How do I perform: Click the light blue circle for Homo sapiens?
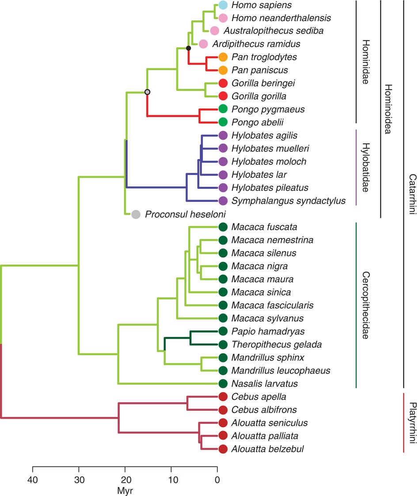pyautogui.click(x=223, y=5)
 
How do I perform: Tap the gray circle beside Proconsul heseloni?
pyautogui.click(x=136, y=215)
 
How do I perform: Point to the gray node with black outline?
pyautogui.click(x=148, y=92)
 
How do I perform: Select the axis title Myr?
pyautogui.click(x=125, y=490)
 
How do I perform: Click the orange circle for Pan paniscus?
pyautogui.click(x=223, y=70)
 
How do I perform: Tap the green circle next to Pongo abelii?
pyautogui.click(x=223, y=122)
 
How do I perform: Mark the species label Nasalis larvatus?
pyautogui.click(x=264, y=383)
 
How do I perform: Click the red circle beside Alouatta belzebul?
pyautogui.click(x=223, y=450)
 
